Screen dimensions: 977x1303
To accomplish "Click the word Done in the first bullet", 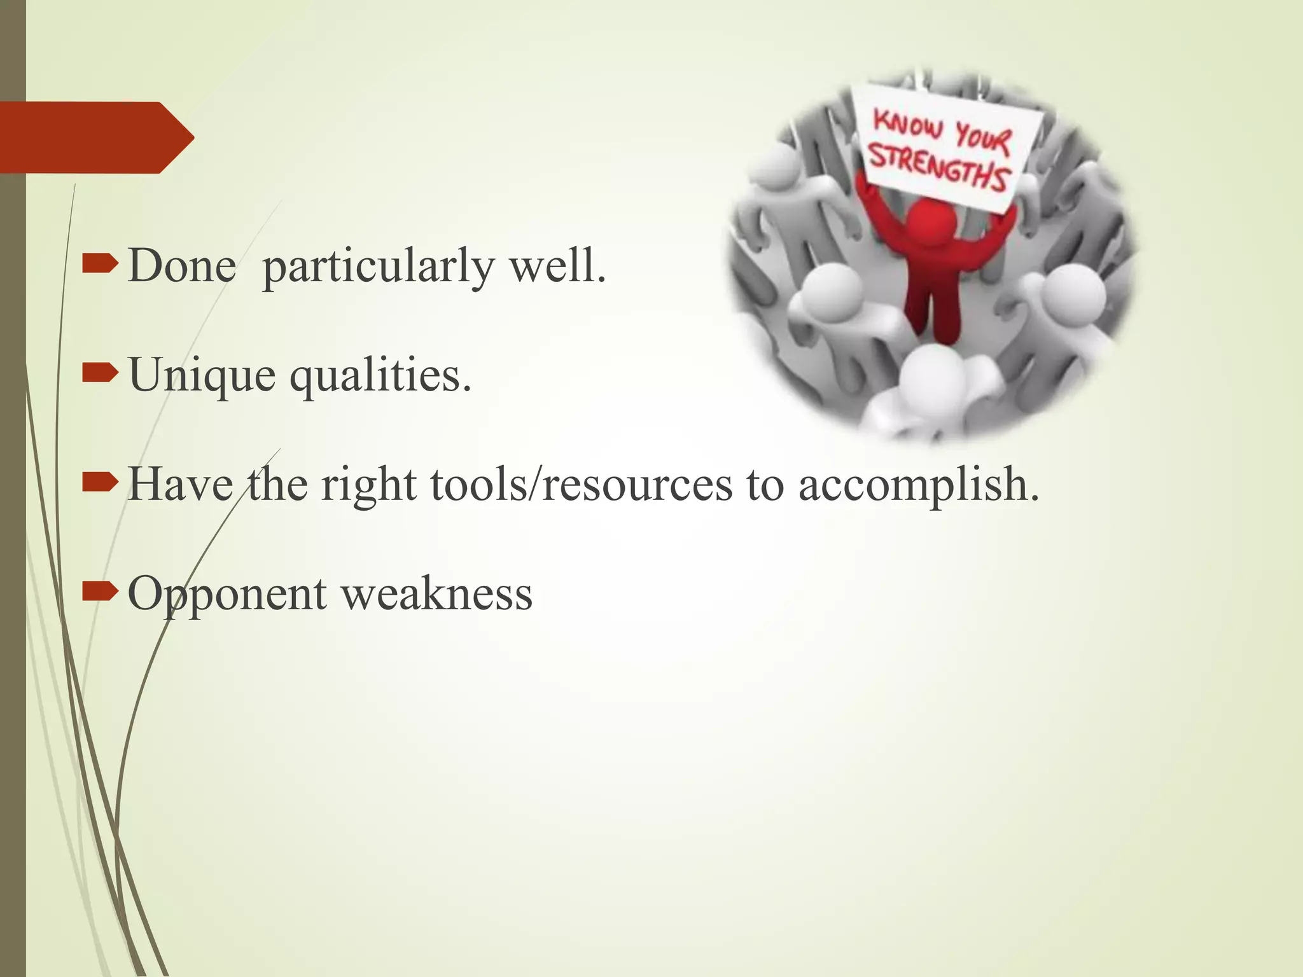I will (x=182, y=266).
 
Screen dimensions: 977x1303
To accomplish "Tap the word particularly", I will (x=378, y=267).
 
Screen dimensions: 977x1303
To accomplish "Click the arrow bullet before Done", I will (x=100, y=263).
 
